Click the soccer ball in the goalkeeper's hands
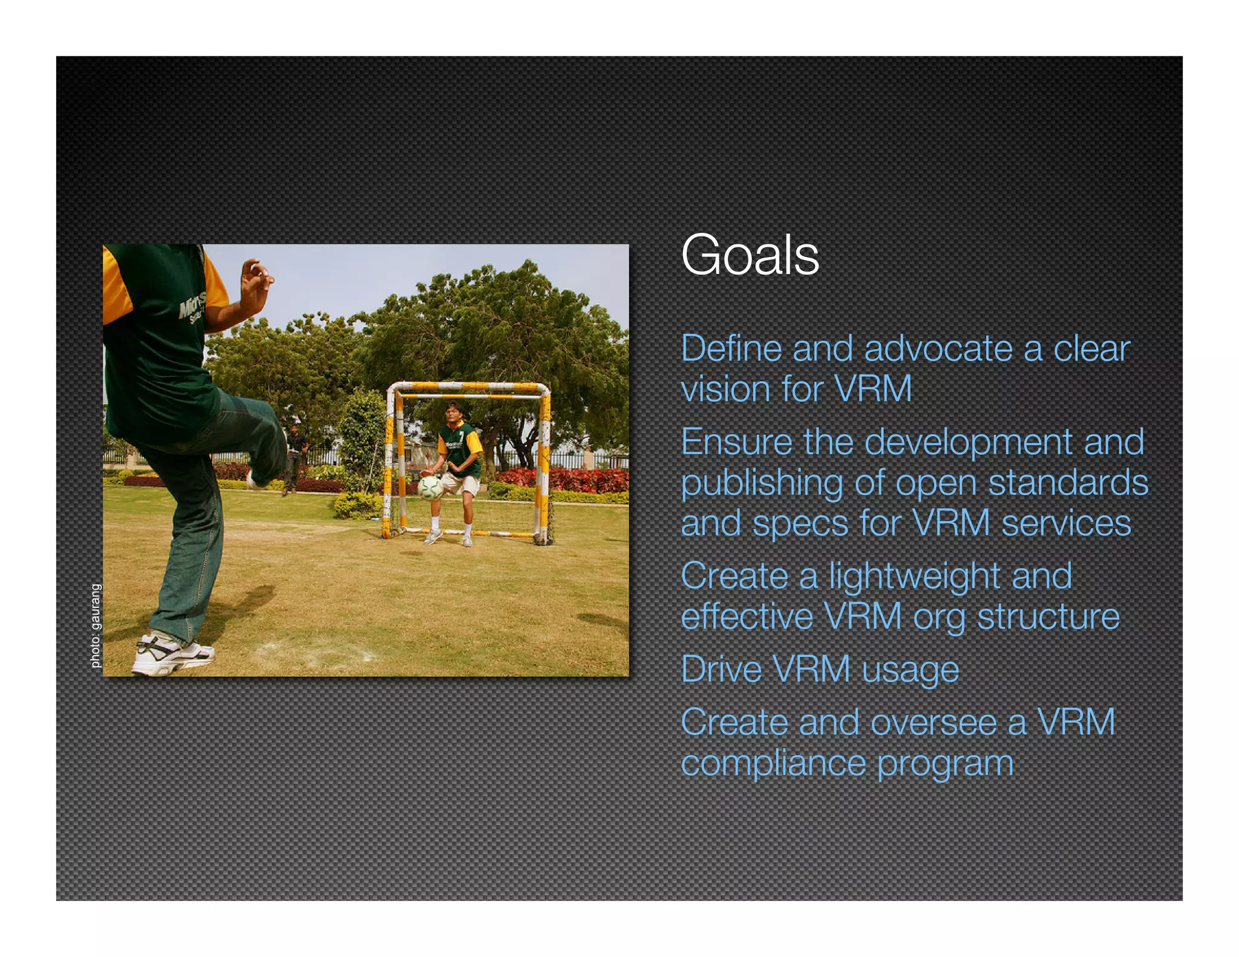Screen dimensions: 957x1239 pyautogui.click(x=430, y=488)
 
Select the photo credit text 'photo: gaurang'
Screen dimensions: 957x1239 pyautogui.click(x=96, y=625)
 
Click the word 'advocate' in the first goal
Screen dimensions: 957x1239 pyautogui.click(x=938, y=350)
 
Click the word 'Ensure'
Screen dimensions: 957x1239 pyautogui.click(x=736, y=442)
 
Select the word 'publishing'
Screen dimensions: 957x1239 pyautogui.click(x=762, y=484)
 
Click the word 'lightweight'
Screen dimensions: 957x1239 pyautogui.click(x=914, y=576)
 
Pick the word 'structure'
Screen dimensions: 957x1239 pyautogui.click(x=1048, y=617)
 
